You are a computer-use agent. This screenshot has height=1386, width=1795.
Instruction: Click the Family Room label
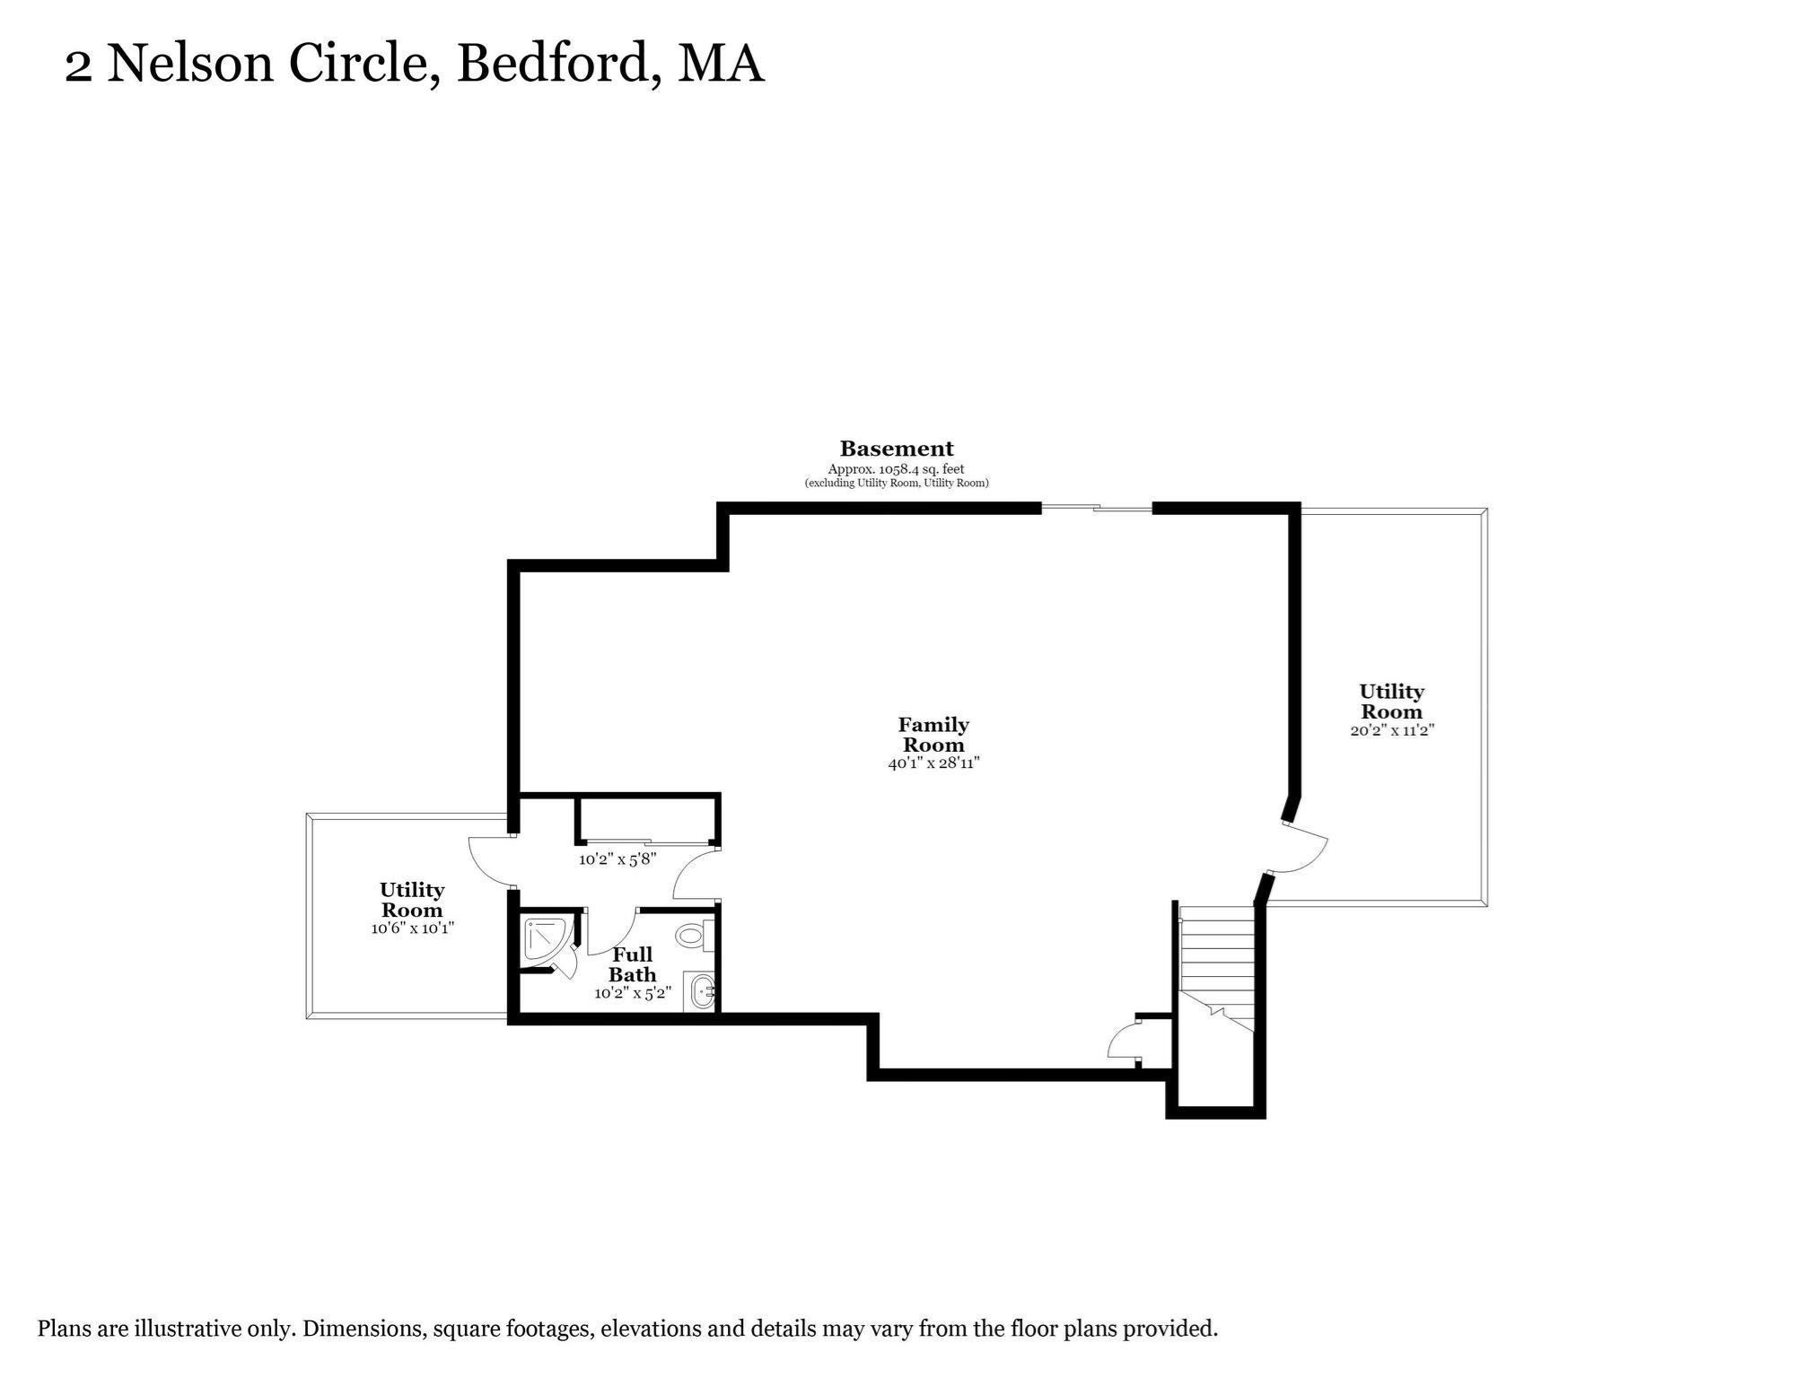(933, 734)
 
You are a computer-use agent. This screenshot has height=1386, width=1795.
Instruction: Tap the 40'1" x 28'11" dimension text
(933, 763)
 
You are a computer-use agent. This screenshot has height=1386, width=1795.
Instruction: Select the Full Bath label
(633, 964)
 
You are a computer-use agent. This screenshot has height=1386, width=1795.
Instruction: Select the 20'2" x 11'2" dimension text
(1392, 730)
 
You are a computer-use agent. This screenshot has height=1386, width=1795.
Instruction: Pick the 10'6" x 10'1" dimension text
(413, 928)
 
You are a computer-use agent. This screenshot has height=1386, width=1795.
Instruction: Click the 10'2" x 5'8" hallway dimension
(617, 859)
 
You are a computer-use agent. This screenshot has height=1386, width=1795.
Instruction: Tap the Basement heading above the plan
(897, 449)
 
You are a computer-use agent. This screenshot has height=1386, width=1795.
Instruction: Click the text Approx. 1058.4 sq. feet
(896, 469)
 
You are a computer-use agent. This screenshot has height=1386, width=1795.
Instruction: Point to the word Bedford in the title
(552, 65)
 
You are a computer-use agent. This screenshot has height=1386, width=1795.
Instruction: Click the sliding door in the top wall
(1096, 509)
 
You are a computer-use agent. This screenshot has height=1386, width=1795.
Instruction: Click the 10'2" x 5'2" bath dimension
(633, 993)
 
